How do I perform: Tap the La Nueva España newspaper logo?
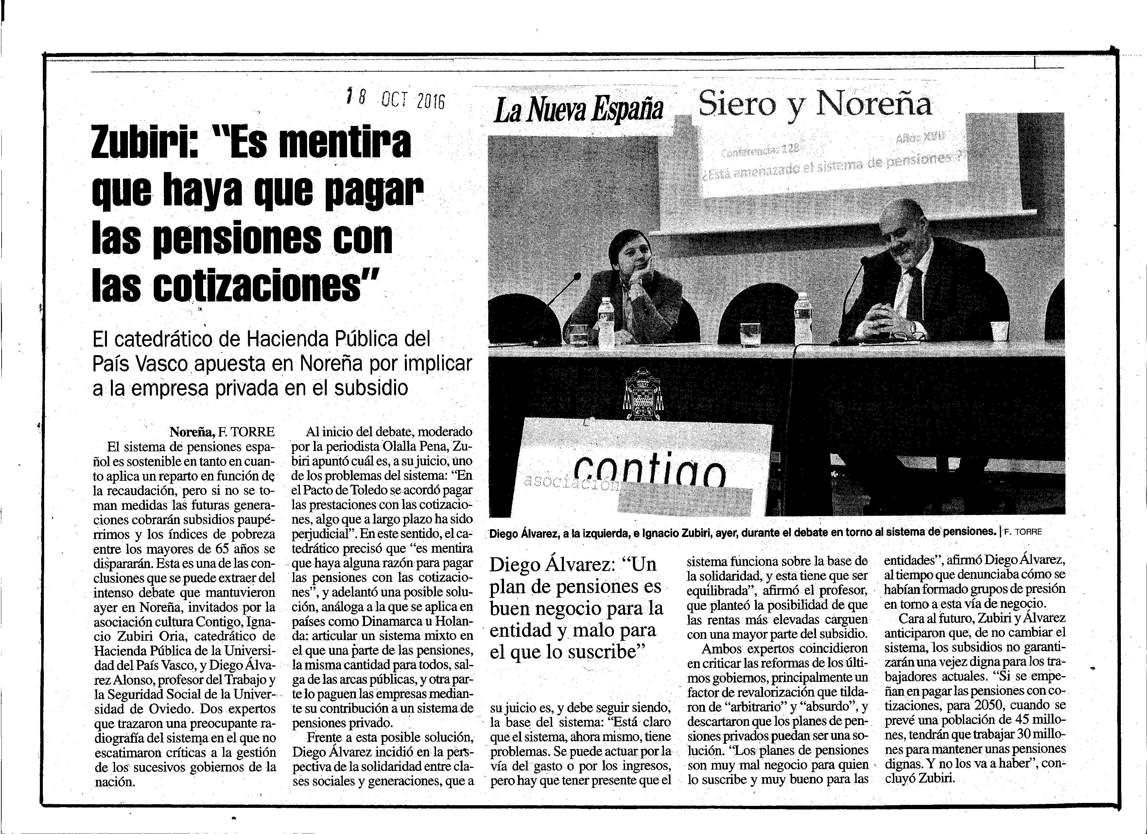578,110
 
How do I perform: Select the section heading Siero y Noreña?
814,105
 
